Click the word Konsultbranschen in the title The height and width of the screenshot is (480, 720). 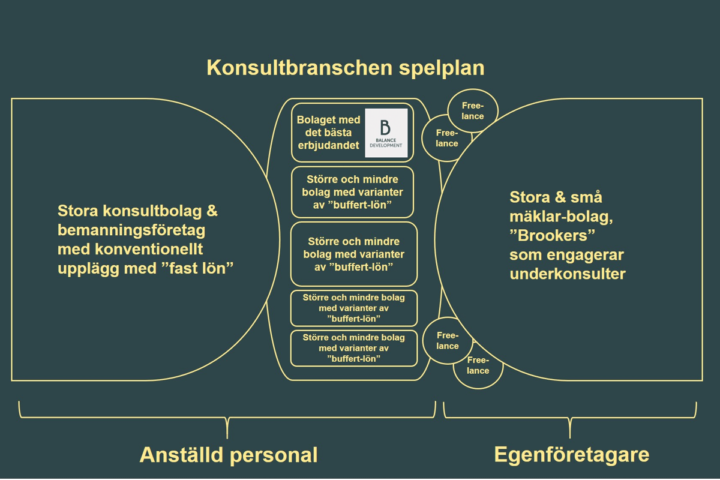click(300, 68)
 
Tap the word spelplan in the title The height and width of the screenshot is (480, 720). click(442, 69)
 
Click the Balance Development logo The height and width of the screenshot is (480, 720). click(386, 133)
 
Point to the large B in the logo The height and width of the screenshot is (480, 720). click(385, 127)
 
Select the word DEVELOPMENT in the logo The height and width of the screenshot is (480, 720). click(386, 145)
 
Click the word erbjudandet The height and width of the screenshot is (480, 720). click(329, 146)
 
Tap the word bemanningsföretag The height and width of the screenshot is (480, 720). click(131, 230)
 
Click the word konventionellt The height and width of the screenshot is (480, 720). click(149, 249)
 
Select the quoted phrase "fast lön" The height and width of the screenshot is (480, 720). click(197, 268)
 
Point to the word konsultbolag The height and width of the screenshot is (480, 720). click(152, 212)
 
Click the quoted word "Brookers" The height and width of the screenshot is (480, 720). click(552, 236)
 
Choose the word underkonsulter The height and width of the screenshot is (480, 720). click(568, 274)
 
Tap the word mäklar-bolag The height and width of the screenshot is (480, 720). click(561, 217)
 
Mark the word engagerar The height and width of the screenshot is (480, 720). click(586, 255)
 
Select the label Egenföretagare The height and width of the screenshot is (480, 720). click(571, 455)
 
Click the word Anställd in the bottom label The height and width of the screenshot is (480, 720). click(182, 455)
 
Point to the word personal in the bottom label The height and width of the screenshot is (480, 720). click(274, 455)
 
